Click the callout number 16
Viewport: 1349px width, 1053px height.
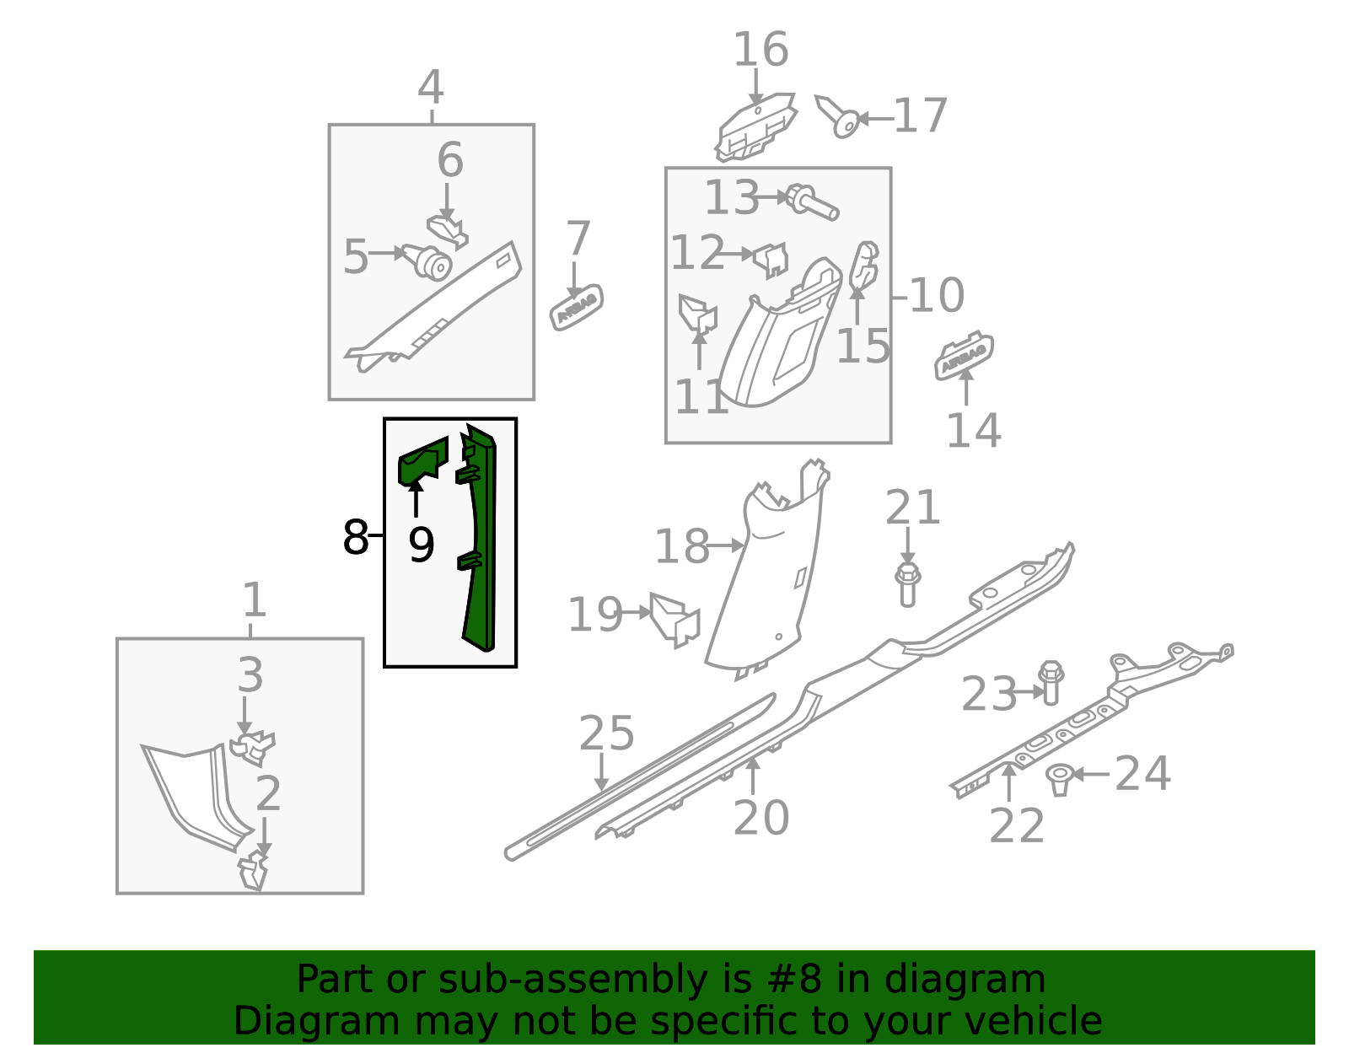760,49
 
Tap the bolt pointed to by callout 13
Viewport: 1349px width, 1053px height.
813,202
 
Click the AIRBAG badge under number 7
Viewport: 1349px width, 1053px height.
576,307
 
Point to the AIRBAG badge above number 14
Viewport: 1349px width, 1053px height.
964,356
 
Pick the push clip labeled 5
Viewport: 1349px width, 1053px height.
427,262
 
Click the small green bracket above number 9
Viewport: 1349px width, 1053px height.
422,460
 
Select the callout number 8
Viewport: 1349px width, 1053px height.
356,537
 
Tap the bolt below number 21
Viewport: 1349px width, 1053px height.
907,585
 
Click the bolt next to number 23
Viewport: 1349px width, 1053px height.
1051,683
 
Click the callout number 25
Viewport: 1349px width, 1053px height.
606,733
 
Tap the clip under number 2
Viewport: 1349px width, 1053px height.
253,871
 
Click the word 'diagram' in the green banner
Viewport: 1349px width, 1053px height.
965,980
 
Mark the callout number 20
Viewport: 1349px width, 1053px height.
761,817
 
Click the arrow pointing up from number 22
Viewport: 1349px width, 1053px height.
1009,782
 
